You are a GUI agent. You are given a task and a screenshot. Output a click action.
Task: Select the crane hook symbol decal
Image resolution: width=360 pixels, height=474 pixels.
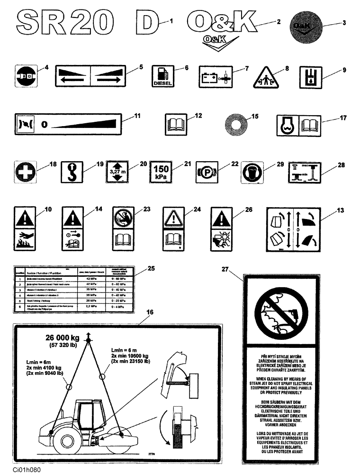[x=72, y=172]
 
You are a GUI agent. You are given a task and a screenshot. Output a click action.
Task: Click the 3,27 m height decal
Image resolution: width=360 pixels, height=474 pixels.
[x=116, y=172]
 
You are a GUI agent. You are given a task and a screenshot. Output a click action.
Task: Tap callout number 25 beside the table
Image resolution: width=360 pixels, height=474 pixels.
[x=151, y=268]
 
